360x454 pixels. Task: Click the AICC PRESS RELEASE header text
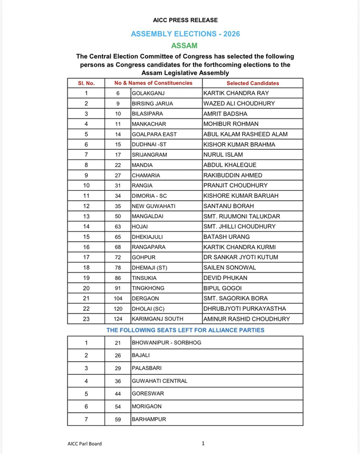[x=185, y=20]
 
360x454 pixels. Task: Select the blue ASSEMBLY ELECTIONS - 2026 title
[x=185, y=34]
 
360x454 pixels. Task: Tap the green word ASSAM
[x=185, y=46]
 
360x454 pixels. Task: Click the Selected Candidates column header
[x=252, y=83]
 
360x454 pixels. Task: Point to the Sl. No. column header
[x=86, y=83]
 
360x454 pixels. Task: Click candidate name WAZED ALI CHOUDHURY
[x=238, y=103]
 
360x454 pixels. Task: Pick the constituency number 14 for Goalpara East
[x=118, y=134]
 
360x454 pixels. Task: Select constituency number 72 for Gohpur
[x=118, y=257]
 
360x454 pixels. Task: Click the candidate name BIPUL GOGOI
[x=223, y=288]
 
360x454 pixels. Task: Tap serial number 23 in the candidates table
[x=86, y=319]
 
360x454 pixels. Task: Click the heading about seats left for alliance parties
[x=185, y=330]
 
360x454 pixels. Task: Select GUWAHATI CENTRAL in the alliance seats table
[x=159, y=381]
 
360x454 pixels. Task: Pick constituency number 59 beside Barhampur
[x=118, y=419]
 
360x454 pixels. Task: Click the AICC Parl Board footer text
[x=84, y=443]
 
